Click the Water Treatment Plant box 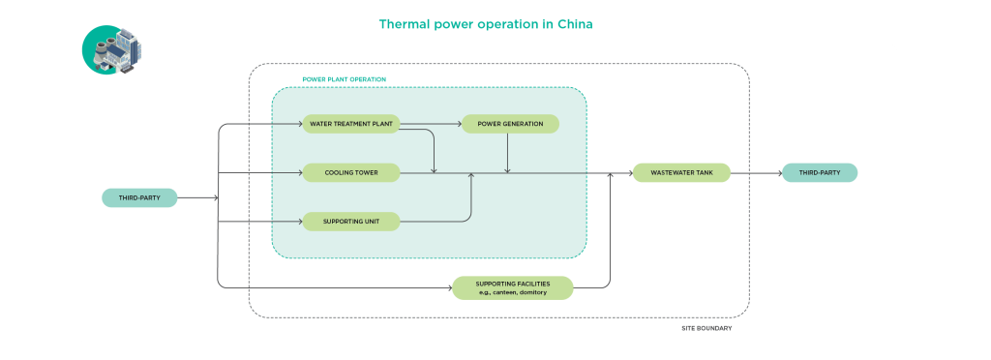(x=351, y=124)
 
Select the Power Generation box (x=509, y=124)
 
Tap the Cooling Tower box (x=351, y=173)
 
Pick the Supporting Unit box (x=351, y=222)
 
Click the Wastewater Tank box (x=680, y=173)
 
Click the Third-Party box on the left (x=139, y=198)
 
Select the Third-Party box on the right (x=819, y=173)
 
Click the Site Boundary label (x=706, y=329)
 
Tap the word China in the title (x=571, y=24)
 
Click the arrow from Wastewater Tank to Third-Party (x=755, y=173)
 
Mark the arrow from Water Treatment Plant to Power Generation (x=431, y=124)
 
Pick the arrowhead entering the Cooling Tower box (x=299, y=173)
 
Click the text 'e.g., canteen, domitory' (x=513, y=292)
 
